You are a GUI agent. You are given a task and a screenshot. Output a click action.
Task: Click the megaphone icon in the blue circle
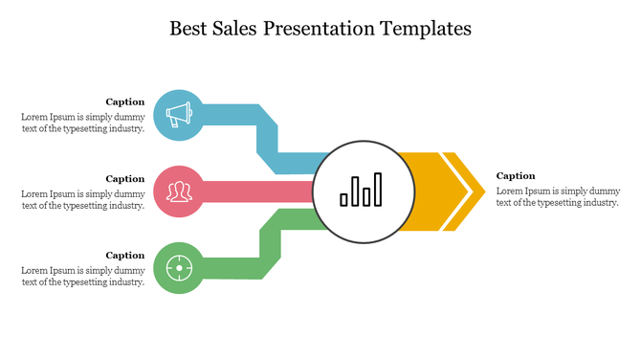coord(178,115)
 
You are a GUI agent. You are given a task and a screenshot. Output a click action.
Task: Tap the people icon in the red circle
coord(178,191)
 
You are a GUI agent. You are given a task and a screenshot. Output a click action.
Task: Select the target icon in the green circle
coord(178,266)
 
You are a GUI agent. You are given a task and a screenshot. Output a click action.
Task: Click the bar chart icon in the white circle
coord(362,190)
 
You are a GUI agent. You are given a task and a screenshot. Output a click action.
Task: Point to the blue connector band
coord(268,134)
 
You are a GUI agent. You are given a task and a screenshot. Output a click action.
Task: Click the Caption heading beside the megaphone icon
coord(125,101)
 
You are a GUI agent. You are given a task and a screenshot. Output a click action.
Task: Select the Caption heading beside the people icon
coord(125,178)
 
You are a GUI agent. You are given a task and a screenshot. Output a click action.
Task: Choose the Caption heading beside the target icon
coord(125,255)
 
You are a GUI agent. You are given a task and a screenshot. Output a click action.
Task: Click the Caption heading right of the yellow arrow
coord(516,175)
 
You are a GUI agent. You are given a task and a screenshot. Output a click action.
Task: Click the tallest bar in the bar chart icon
coord(378,190)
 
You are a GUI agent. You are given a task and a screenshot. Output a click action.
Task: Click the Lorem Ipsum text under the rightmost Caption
coord(558,196)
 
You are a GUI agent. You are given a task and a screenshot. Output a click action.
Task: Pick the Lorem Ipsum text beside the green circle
coord(83,276)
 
